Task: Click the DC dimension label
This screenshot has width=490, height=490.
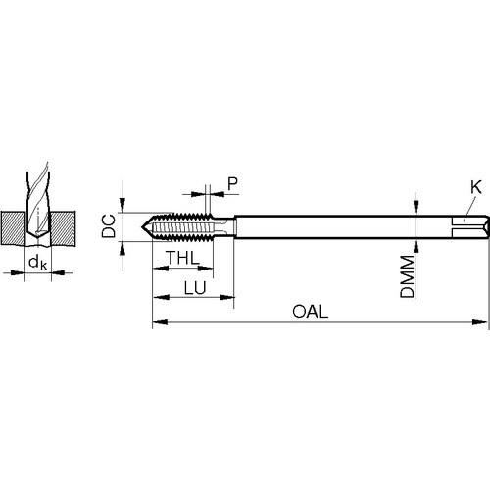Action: tap(109, 225)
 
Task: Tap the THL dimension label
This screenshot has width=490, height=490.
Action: tap(182, 258)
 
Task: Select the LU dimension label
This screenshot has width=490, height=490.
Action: tap(195, 288)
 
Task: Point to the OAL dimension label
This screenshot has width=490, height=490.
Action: tap(310, 312)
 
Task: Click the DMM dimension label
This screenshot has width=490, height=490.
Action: tap(408, 276)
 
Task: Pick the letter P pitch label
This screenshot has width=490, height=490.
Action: tap(232, 184)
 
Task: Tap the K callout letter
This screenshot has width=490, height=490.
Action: tap(476, 187)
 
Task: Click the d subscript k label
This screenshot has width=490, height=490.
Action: tap(38, 263)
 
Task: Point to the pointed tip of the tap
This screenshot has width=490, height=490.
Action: tap(142, 226)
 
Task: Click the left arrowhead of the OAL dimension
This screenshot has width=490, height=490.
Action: tap(160, 322)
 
